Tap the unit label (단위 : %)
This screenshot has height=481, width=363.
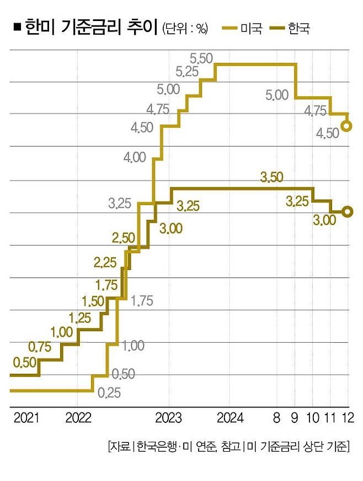coord(185,29)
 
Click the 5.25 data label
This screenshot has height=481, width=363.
coord(187,71)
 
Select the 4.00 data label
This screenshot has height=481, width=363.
coord(135,157)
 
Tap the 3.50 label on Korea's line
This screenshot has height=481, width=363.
coord(271,177)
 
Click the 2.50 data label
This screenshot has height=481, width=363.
coord(123,238)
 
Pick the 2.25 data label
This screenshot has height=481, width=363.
coord(105,262)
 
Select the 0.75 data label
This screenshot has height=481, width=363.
coord(39,347)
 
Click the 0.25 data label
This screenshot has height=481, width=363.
coord(109,393)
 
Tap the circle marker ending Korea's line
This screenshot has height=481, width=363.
coord(348,212)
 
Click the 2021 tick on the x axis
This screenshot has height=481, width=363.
coord(24,418)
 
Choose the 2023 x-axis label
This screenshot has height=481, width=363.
coord(168,418)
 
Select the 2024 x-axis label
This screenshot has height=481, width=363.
coord(230,418)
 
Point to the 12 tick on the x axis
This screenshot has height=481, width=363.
coord(348,418)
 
